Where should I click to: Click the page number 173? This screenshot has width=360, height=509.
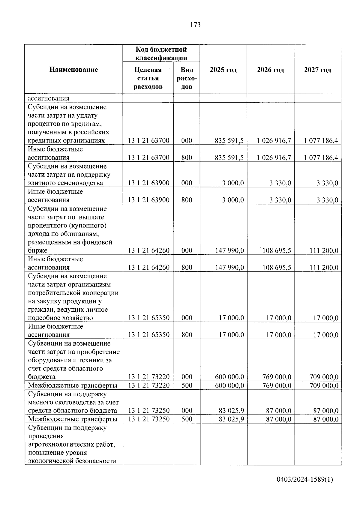tap(195, 25)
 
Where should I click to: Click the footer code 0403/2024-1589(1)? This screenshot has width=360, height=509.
tap(304, 480)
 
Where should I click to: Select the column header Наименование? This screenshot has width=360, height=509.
tap(73, 70)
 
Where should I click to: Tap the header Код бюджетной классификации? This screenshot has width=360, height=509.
tap(161, 53)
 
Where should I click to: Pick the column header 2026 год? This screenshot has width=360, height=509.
tap(270, 70)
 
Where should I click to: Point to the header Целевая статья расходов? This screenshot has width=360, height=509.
tap(148, 78)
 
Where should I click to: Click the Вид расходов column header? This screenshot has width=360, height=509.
tap(187, 78)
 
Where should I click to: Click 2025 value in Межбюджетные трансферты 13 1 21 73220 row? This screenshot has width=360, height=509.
tap(229, 385)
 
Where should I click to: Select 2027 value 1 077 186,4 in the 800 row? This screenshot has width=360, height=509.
tap(321, 157)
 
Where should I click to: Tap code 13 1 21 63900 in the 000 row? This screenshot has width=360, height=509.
tap(148, 183)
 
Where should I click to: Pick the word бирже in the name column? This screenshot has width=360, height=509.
tap(37, 250)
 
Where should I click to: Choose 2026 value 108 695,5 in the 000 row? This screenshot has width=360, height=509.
tap(277, 250)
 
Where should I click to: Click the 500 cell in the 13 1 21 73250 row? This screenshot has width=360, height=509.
tap(187, 419)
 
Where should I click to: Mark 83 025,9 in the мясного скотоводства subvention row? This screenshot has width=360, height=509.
tap(231, 411)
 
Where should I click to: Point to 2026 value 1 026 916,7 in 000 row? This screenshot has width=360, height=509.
tap(274, 141)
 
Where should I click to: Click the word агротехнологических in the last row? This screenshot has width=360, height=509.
tap(71, 444)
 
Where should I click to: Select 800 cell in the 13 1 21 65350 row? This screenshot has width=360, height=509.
tap(187, 335)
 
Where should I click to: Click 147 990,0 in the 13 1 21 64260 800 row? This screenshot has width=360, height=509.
tap(229, 267)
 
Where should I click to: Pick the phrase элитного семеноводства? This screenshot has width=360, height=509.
tap(65, 183)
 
